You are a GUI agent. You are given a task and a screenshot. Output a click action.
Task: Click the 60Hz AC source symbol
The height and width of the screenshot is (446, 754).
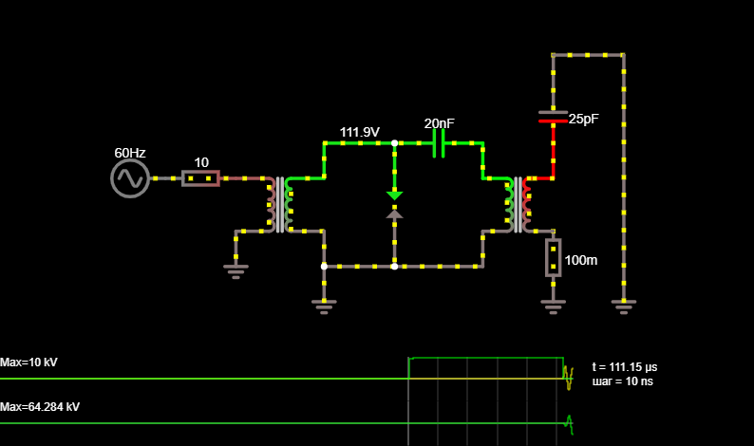coord(130,178)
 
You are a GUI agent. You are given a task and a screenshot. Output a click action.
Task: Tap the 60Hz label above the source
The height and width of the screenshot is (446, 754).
coord(130,153)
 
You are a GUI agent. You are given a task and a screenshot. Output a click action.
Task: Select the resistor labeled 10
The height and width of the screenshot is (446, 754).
coord(201,178)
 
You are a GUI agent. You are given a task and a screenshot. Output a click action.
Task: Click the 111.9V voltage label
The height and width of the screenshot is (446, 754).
coord(360,132)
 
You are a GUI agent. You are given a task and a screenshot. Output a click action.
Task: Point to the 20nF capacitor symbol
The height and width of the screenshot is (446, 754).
coord(439,143)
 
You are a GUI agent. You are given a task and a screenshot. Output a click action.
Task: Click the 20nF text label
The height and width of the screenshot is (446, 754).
coord(439,123)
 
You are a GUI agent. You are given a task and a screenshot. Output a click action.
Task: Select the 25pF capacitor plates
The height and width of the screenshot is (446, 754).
coord(553,117)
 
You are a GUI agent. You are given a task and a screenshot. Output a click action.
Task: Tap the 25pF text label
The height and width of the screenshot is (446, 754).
coord(584,119)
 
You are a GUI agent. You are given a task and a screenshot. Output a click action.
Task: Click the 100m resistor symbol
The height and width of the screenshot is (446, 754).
coord(553,258)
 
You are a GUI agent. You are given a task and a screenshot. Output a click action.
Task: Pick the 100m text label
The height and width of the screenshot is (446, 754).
coord(581,260)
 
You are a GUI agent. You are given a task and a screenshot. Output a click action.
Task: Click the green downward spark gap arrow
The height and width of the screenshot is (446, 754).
coord(394,195)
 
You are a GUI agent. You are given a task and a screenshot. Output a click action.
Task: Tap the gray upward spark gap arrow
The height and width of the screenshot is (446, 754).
coord(394,214)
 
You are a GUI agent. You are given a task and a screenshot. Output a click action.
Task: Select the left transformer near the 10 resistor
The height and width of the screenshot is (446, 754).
coord(280,205)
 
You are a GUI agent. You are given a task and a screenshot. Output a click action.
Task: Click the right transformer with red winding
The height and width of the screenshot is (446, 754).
coord(518,205)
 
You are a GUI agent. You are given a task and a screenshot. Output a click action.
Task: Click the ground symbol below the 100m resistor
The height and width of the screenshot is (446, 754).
coord(553,307)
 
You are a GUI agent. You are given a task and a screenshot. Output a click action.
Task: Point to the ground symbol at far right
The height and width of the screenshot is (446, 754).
coord(624,307)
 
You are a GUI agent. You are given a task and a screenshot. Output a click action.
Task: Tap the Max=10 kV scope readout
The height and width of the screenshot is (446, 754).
coord(28,362)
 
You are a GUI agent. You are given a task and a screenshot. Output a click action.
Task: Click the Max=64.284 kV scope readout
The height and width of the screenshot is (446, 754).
coord(40,407)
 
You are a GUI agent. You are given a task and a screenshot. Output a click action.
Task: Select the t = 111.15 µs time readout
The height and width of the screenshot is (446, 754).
coord(625,367)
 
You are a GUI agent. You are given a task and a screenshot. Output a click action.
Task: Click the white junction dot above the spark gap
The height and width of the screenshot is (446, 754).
coord(394,143)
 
